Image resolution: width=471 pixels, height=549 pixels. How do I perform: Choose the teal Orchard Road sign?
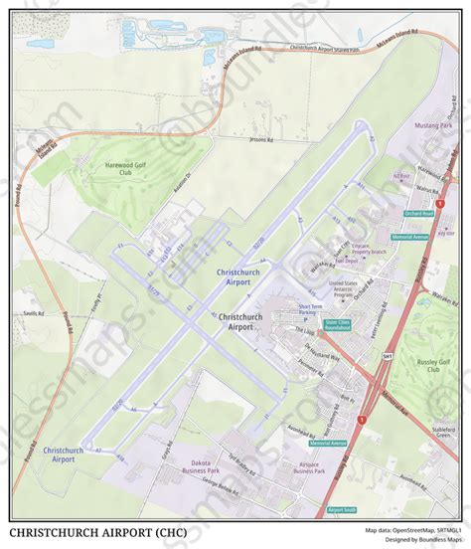click(418, 213)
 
